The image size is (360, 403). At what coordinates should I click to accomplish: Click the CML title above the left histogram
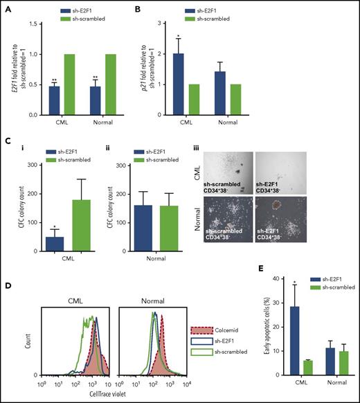point(72,287)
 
